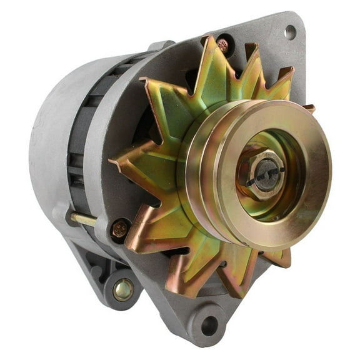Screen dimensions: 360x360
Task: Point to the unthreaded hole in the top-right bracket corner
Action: tap(289, 31)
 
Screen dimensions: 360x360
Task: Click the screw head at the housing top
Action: tap(223, 44)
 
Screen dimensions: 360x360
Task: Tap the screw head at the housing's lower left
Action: tap(120, 229)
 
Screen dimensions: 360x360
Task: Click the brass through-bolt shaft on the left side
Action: tap(83, 219)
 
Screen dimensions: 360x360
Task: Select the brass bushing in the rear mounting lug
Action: tap(122, 289)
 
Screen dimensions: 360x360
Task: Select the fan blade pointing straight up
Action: tap(211, 59)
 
